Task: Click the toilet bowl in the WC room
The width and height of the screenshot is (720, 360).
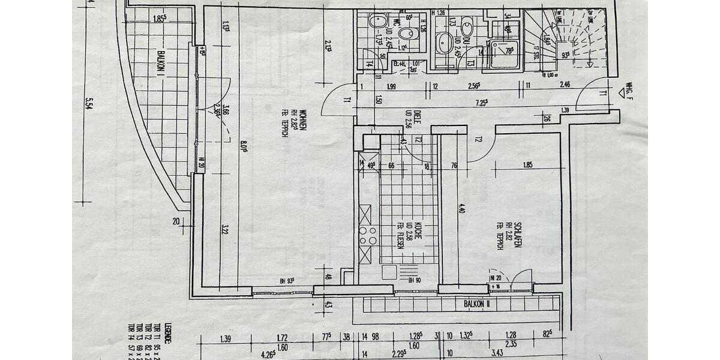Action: coord(408,33)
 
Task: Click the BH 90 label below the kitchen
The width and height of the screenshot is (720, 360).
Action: coord(414,280)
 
